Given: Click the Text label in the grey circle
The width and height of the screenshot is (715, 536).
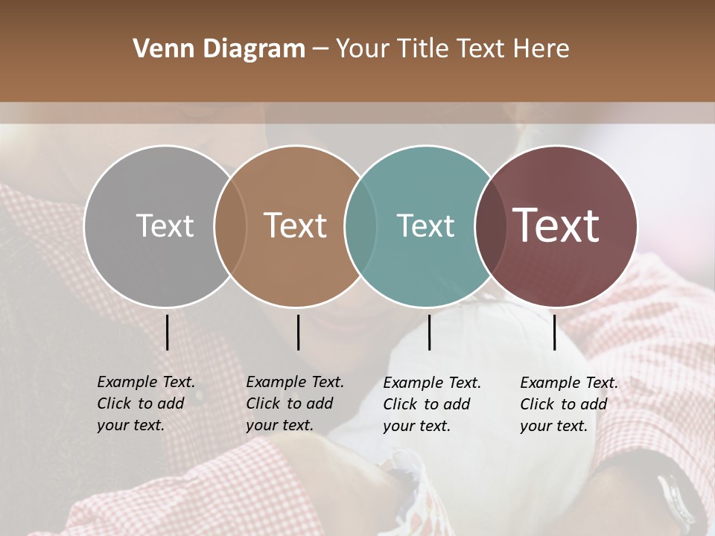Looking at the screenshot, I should [165, 226].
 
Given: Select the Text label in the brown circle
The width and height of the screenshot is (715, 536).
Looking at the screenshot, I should [296, 226].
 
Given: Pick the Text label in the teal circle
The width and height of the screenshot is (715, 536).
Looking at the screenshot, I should [425, 226].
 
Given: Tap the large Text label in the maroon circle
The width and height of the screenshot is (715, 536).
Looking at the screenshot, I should [556, 226].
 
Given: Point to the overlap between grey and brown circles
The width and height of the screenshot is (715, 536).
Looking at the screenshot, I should [230, 226].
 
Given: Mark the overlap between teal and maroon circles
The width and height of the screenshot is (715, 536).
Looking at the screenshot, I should [489, 226].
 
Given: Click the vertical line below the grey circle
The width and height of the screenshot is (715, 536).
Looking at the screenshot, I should [167, 332].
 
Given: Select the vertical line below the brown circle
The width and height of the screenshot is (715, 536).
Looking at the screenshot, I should [298, 332].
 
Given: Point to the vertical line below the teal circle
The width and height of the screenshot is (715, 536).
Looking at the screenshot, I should [429, 332].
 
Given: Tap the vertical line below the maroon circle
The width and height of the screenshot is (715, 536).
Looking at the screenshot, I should [554, 332].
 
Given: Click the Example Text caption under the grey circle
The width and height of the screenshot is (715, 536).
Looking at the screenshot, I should [145, 403].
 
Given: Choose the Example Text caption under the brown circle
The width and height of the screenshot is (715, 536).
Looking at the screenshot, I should [294, 403].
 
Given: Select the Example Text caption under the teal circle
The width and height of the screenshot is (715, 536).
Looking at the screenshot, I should [431, 404].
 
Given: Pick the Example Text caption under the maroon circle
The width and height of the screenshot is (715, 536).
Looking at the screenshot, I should [568, 404].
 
